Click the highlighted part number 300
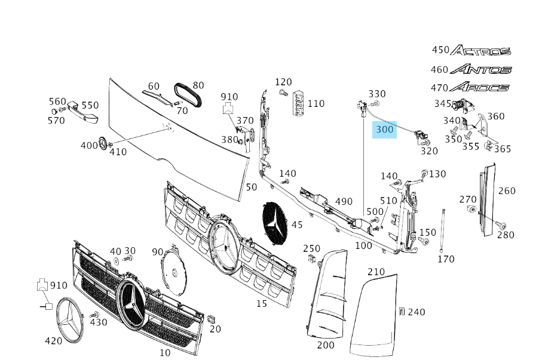click(385, 129)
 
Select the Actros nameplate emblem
click(480, 51)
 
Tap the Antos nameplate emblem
click(481, 69)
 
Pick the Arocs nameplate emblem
click(479, 88)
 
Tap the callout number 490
click(344, 202)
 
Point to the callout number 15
click(262, 304)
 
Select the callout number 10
click(165, 353)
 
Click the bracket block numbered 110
click(298, 103)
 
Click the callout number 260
click(507, 191)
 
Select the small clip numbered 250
click(311, 259)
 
